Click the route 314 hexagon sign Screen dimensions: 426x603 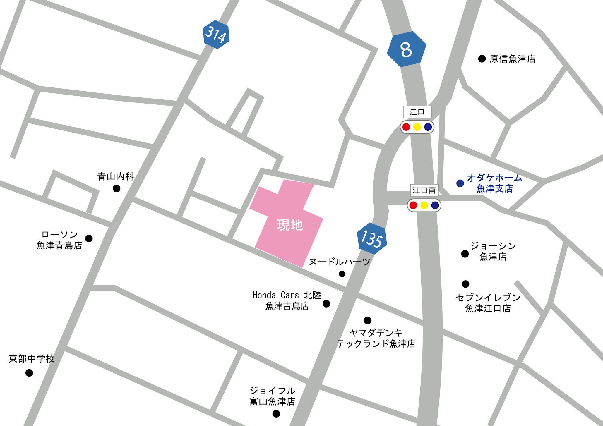(x=216, y=35)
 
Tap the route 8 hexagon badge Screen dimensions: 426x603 (x=406, y=49)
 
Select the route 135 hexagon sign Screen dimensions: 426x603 (x=372, y=238)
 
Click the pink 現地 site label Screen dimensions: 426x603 (x=290, y=225)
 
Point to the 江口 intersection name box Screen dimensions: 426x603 (x=417, y=112)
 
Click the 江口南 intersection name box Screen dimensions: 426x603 (x=424, y=190)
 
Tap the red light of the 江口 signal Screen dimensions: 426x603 (x=406, y=127)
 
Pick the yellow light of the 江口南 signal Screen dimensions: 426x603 (x=424, y=205)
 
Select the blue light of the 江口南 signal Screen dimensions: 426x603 (x=435, y=205)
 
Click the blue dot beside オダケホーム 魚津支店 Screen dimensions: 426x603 (x=460, y=183)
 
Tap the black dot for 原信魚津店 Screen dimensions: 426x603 (x=482, y=59)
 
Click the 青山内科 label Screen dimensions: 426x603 (x=116, y=176)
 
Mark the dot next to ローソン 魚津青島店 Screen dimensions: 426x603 (x=89, y=238)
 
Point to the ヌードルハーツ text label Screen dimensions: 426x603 (x=340, y=262)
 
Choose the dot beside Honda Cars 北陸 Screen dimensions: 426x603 (x=326, y=304)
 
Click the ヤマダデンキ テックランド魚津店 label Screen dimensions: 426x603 (x=376, y=338)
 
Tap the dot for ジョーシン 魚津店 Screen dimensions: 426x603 (x=465, y=254)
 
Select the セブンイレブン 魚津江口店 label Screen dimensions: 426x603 (x=488, y=303)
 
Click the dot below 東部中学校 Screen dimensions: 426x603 (x=29, y=373)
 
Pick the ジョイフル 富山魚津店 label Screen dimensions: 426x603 (x=272, y=396)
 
